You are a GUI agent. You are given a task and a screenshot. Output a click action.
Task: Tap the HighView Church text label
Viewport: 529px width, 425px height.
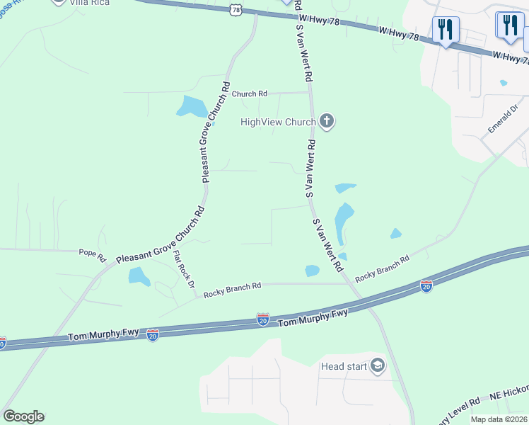(277, 122)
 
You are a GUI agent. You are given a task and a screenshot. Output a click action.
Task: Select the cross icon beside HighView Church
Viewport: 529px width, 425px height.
(327, 122)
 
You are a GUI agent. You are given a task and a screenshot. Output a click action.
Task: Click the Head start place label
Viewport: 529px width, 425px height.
(344, 366)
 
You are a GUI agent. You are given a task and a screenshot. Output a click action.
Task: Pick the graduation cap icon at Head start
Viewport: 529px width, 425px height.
(378, 365)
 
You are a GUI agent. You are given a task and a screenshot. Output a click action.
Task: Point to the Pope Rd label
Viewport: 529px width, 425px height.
(92, 251)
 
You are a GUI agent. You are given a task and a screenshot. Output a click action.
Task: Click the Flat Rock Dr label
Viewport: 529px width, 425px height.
(184, 273)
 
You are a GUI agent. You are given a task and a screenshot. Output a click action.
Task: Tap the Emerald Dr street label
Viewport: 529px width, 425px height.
(502, 120)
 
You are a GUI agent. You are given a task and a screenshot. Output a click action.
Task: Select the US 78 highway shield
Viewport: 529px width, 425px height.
(236, 10)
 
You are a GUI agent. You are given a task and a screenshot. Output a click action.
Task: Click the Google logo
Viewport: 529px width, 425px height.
(23, 416)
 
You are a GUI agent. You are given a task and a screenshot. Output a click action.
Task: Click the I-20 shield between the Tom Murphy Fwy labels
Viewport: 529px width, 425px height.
(262, 321)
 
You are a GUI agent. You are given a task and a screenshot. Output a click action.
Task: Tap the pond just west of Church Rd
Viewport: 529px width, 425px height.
(192, 106)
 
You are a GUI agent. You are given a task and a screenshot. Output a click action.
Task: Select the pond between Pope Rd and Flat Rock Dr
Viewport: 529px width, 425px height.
(139, 276)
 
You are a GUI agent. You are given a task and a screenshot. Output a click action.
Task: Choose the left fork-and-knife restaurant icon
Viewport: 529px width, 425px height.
(446, 30)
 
